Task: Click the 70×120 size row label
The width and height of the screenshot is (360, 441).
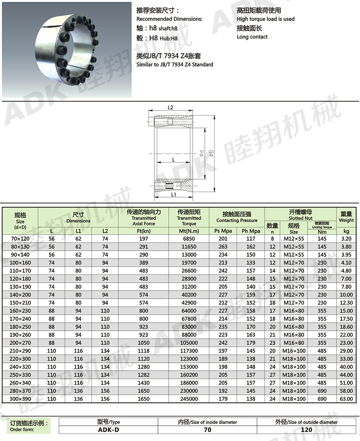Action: point(20,239)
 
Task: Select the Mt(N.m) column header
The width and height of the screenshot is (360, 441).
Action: point(189,231)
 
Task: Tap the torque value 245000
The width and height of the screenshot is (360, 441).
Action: point(189,399)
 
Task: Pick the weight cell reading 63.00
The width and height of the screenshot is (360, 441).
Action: point(346,399)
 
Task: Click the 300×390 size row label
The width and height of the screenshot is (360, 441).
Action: point(20,399)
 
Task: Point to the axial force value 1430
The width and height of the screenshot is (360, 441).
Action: point(144,383)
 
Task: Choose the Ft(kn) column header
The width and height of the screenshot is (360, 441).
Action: point(144,231)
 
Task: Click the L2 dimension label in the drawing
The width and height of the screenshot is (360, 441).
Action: point(171,108)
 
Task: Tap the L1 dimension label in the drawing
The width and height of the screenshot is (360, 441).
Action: point(174,194)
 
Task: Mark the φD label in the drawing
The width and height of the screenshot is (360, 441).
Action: point(211,153)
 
